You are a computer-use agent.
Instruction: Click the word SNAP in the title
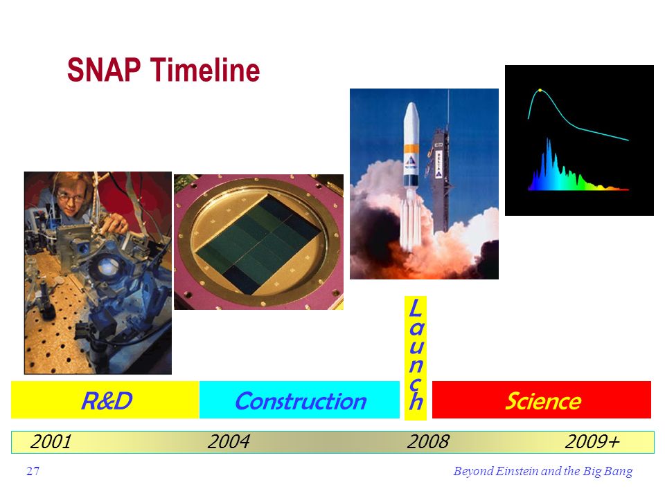104,70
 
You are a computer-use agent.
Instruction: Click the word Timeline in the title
205,70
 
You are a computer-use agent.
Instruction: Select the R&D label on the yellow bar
107,400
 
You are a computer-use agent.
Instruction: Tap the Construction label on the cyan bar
300,400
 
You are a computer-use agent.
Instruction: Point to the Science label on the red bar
543,400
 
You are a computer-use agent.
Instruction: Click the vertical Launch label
416,354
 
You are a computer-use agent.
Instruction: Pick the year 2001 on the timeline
51,442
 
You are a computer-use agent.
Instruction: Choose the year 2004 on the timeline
229,442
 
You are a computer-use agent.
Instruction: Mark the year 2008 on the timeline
428,442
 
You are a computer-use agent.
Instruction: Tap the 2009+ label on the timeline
592,442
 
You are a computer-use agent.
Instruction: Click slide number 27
33,471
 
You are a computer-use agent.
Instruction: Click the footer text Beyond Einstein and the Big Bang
543,471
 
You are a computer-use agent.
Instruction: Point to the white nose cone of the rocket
411,123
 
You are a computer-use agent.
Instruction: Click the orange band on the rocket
411,149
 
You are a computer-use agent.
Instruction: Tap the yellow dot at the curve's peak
540,90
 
